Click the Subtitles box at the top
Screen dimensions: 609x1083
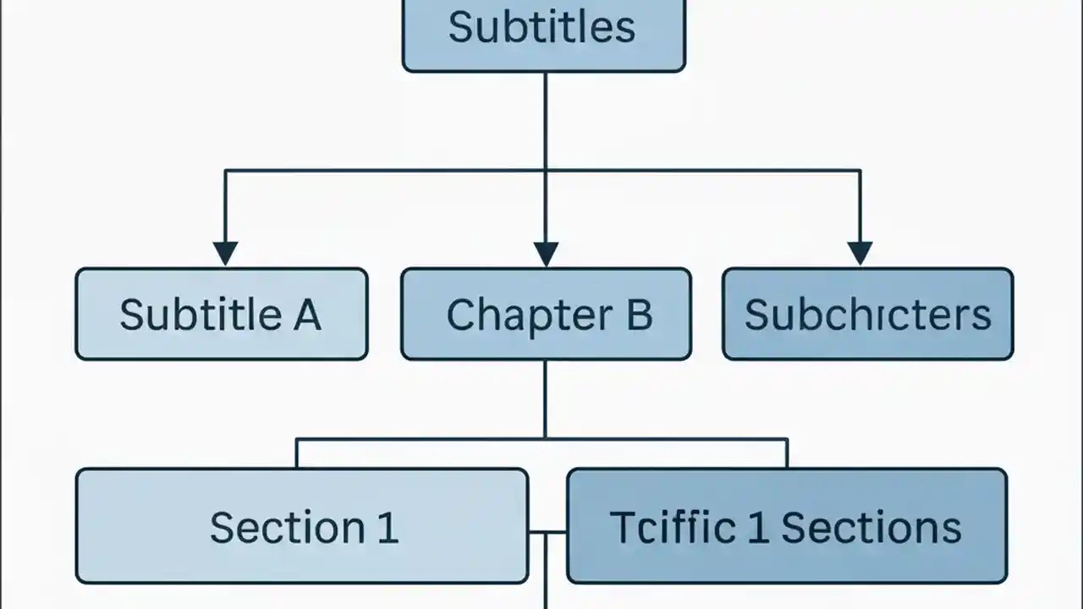tap(543, 34)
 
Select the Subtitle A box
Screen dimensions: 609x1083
tap(221, 314)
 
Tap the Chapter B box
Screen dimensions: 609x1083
tap(546, 314)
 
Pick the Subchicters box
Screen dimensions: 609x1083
tap(867, 314)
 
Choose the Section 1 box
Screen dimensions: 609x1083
tap(302, 526)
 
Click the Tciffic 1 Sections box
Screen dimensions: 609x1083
tap(787, 526)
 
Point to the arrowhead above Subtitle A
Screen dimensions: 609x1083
tap(225, 253)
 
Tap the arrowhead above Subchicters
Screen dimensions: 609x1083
tap(860, 253)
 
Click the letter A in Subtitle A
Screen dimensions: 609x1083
tap(306, 315)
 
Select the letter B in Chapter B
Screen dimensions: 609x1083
tap(639, 315)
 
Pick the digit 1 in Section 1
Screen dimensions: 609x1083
tap(387, 528)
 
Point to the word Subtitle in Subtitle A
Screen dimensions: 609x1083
tap(201, 315)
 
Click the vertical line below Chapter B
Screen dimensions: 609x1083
tap(545, 398)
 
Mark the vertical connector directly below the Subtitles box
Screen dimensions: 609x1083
tap(545, 118)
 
